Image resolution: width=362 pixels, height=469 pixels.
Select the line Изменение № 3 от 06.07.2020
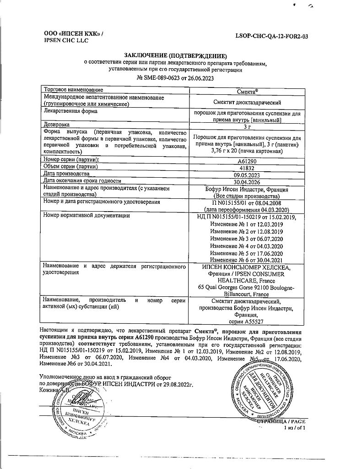(x=247, y=239)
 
